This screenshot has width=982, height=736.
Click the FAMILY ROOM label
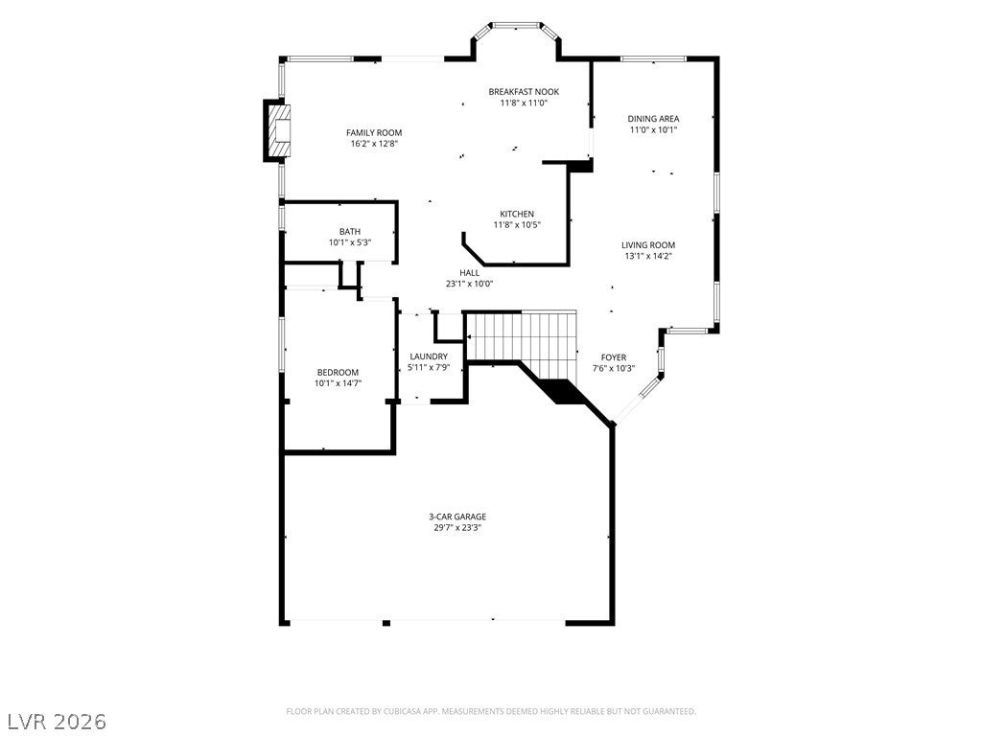coord(374,132)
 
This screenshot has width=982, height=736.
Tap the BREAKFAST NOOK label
coord(524,91)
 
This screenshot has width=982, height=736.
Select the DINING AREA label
coord(653,118)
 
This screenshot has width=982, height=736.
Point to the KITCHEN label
coord(517,214)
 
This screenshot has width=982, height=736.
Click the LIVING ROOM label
coord(648,245)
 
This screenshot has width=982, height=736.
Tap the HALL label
coord(470,273)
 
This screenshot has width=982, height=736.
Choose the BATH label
coord(350,232)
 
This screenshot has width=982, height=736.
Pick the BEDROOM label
coord(338,373)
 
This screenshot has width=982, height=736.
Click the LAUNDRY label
coord(429,356)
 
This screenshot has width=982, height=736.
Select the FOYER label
coord(614,357)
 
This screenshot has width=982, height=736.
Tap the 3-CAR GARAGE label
coord(457,517)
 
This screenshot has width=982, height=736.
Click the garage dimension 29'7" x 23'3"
coord(457,528)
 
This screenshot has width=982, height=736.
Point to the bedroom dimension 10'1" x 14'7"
coord(339,383)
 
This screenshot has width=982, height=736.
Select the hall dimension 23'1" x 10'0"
coord(470,284)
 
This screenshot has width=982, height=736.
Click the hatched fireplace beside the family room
coord(277,130)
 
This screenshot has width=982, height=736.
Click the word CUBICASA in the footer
coord(408,712)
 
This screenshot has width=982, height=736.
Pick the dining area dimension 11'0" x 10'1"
coord(653,129)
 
